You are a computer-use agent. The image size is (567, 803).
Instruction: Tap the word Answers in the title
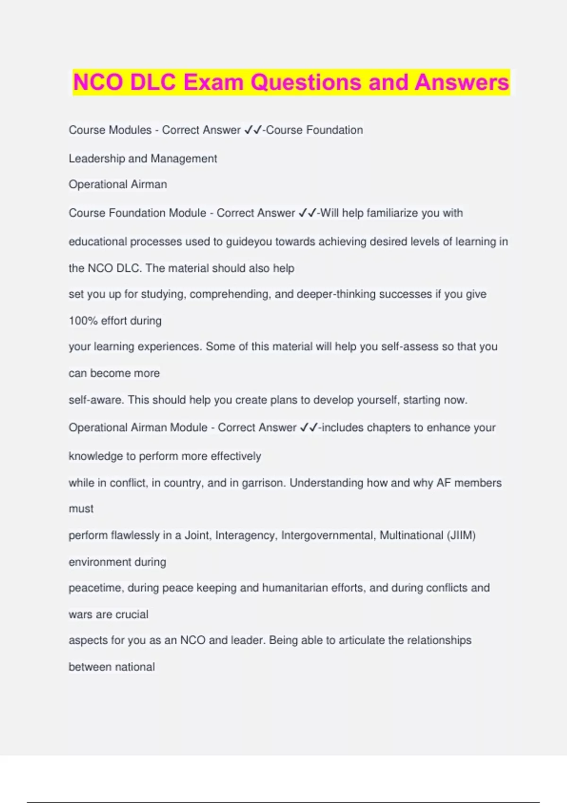tap(462, 82)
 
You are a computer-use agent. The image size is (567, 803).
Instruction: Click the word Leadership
tap(97, 159)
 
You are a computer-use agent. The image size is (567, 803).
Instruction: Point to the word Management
tap(184, 159)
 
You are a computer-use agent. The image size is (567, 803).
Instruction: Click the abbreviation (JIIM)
tap(461, 535)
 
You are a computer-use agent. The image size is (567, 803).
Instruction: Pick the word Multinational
tap(411, 535)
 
